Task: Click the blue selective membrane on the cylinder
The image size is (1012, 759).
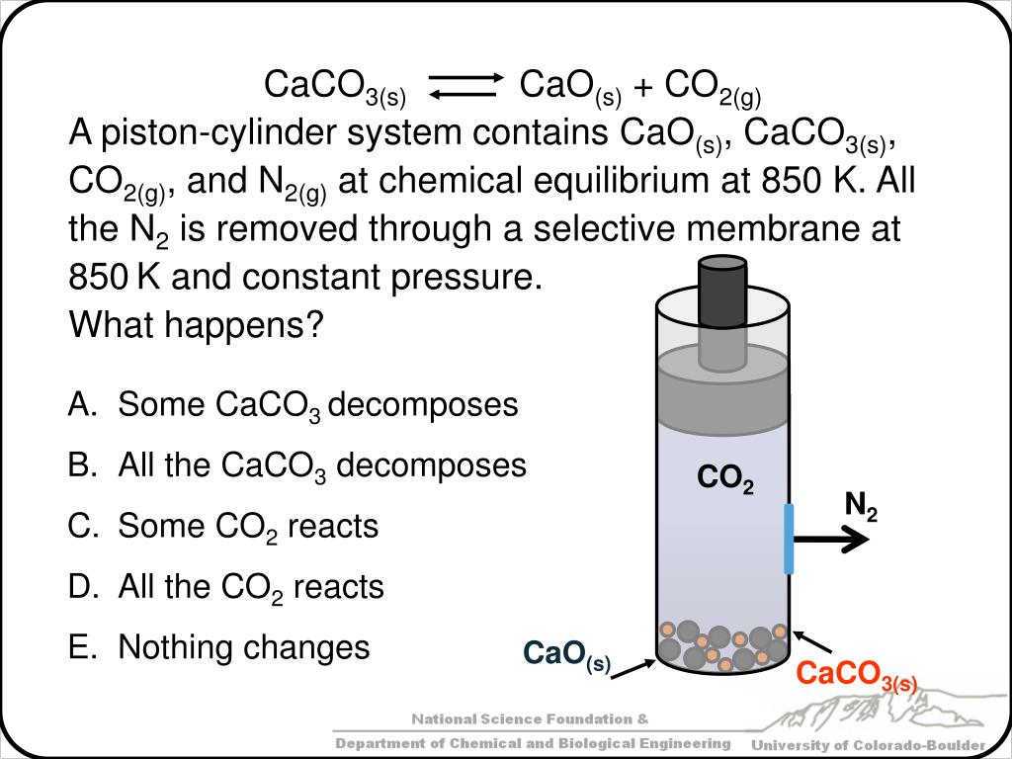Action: tap(789, 538)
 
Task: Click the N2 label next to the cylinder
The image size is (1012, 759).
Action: tap(861, 507)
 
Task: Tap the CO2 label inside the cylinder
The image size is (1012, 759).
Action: tap(724, 479)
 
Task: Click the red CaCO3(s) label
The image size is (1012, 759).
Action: tap(857, 676)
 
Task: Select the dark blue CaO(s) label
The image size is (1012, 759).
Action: tap(566, 654)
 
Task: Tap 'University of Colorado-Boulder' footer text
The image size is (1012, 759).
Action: tap(869, 744)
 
